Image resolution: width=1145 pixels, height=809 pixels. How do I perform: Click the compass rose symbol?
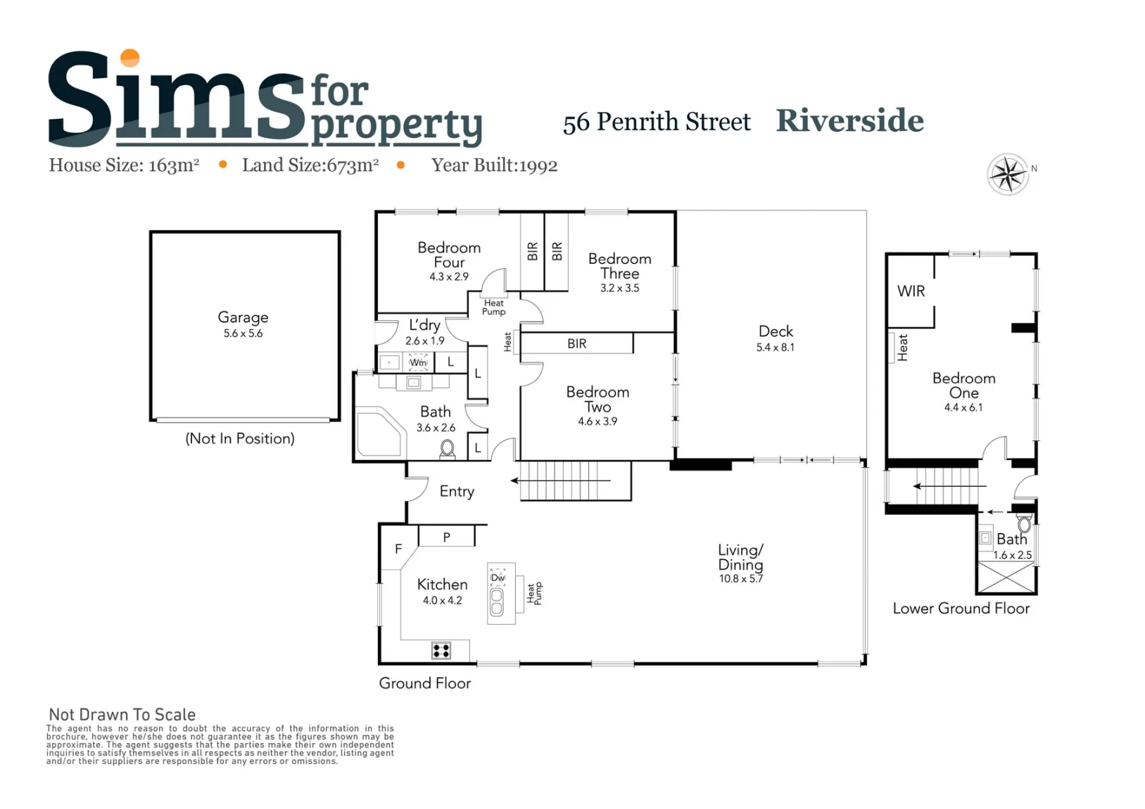1008,174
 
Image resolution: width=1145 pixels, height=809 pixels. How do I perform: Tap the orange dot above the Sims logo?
130,58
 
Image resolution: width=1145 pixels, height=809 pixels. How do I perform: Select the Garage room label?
243,317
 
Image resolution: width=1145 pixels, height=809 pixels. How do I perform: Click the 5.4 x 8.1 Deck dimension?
776,348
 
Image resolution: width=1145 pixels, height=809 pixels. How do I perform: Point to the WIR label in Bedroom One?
911,291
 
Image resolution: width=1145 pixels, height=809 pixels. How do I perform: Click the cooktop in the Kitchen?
441,651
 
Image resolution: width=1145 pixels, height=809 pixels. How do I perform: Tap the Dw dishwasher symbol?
498,578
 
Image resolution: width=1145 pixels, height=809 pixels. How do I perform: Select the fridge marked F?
398,549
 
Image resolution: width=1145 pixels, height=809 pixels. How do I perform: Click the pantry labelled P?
446,537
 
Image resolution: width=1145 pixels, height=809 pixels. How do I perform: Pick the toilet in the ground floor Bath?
448,450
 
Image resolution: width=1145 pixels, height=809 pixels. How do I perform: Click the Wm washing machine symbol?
418,362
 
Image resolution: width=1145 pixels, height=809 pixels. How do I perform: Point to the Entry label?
457,492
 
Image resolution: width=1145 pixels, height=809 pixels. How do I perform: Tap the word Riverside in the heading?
849,121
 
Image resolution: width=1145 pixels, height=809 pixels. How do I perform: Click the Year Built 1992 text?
494,165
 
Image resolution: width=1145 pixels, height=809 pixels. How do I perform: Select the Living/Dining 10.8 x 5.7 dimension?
740,579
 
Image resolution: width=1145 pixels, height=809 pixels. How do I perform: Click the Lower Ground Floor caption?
961,609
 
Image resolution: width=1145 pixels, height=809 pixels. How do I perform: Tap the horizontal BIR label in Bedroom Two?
576,344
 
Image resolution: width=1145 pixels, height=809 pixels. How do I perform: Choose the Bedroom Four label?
449,255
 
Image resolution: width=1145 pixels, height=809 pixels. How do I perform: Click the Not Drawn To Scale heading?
122,715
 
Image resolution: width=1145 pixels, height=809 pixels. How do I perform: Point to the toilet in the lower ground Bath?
1025,524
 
